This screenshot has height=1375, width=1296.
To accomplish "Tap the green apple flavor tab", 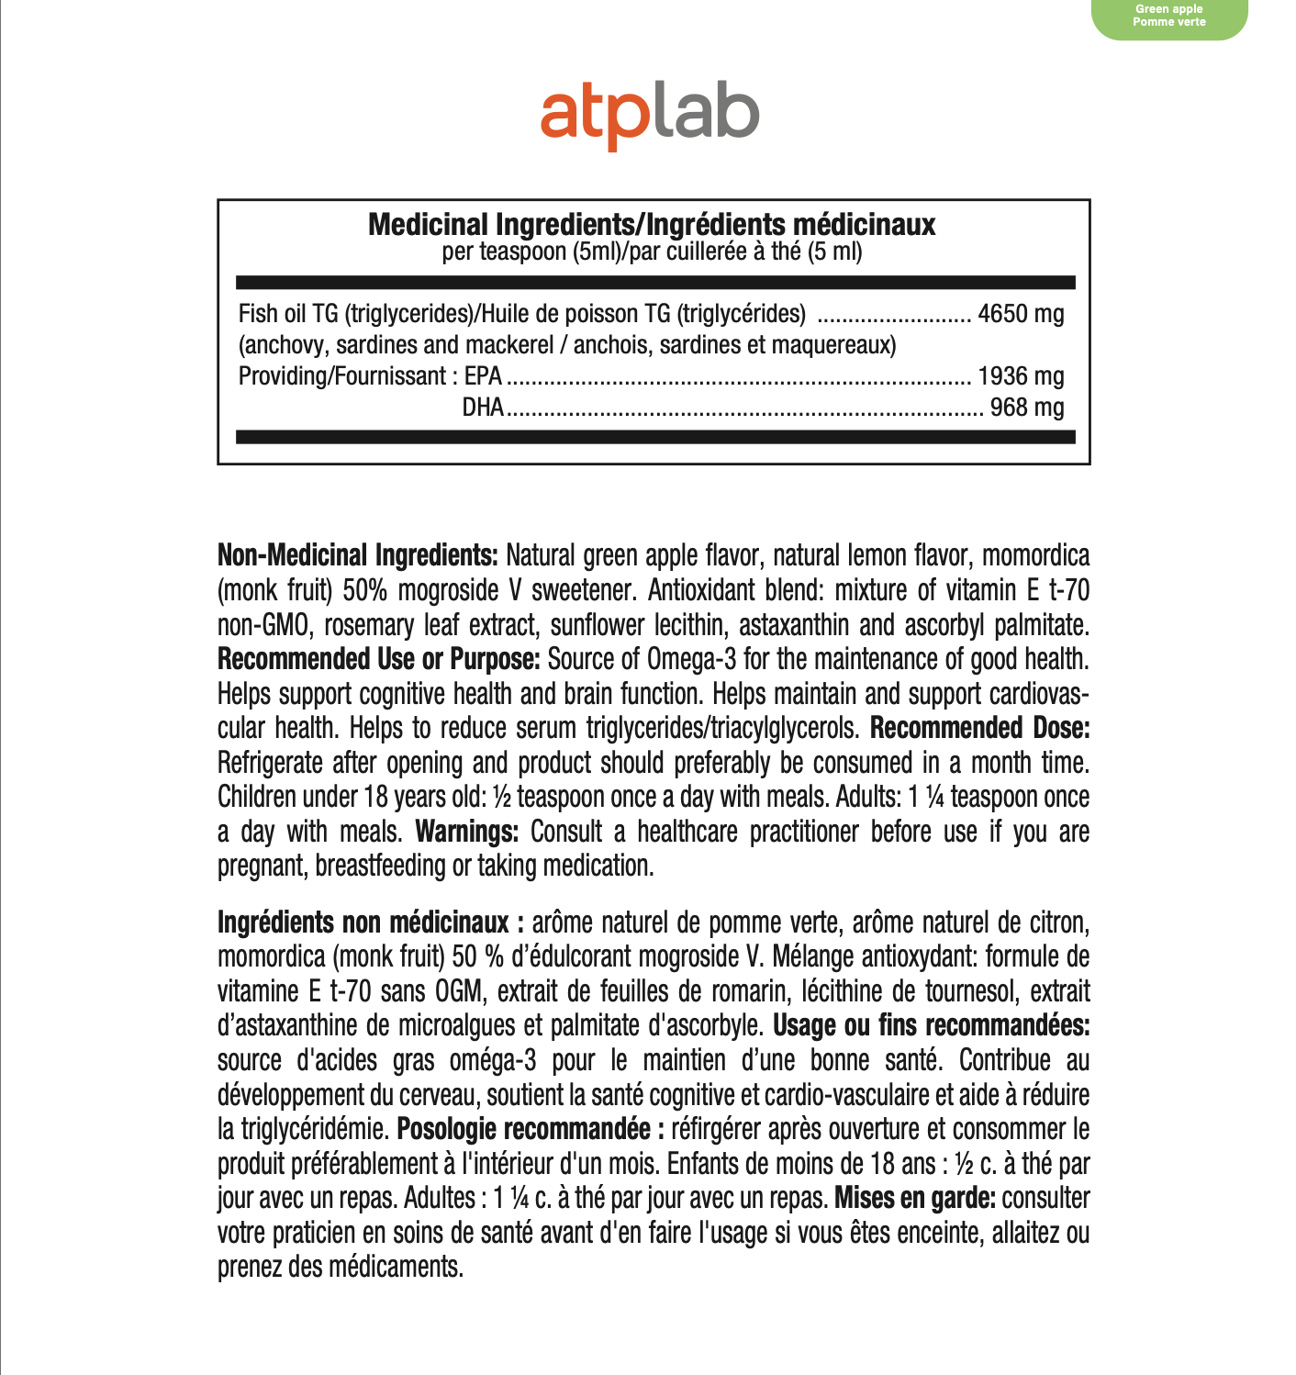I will click(1168, 17).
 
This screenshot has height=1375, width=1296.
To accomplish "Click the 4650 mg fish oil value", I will click(1021, 314).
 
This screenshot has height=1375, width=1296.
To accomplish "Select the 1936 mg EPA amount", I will click(1021, 376).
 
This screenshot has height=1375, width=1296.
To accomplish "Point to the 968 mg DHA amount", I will click(1026, 408).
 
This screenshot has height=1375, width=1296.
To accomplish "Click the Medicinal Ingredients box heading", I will click(652, 225).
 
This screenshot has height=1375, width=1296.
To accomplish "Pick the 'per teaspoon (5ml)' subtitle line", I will click(652, 252).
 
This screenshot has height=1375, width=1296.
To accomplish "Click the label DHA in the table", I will click(483, 408).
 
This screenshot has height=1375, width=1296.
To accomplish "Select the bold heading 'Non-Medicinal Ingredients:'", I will click(358, 555).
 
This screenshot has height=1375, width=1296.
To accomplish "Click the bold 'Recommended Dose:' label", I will click(979, 728).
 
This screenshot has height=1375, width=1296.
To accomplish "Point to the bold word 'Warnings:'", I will click(467, 832).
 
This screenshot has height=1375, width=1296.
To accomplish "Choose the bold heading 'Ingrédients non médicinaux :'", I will click(371, 922).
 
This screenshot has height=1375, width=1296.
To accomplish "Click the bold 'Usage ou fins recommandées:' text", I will click(931, 1025).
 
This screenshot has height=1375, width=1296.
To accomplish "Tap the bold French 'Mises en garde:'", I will click(914, 1198).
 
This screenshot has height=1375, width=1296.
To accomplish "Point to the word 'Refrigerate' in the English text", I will click(270, 763).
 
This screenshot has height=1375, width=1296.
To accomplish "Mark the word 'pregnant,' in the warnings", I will click(263, 866).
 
